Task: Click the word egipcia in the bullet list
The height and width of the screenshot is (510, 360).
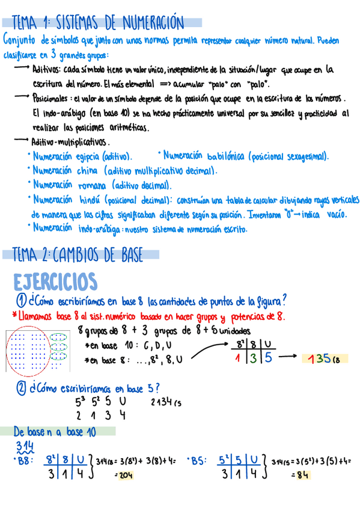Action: (x=88, y=156)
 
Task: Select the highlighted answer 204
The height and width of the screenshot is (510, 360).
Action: (x=125, y=475)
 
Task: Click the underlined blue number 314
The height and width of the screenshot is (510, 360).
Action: (x=25, y=445)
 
